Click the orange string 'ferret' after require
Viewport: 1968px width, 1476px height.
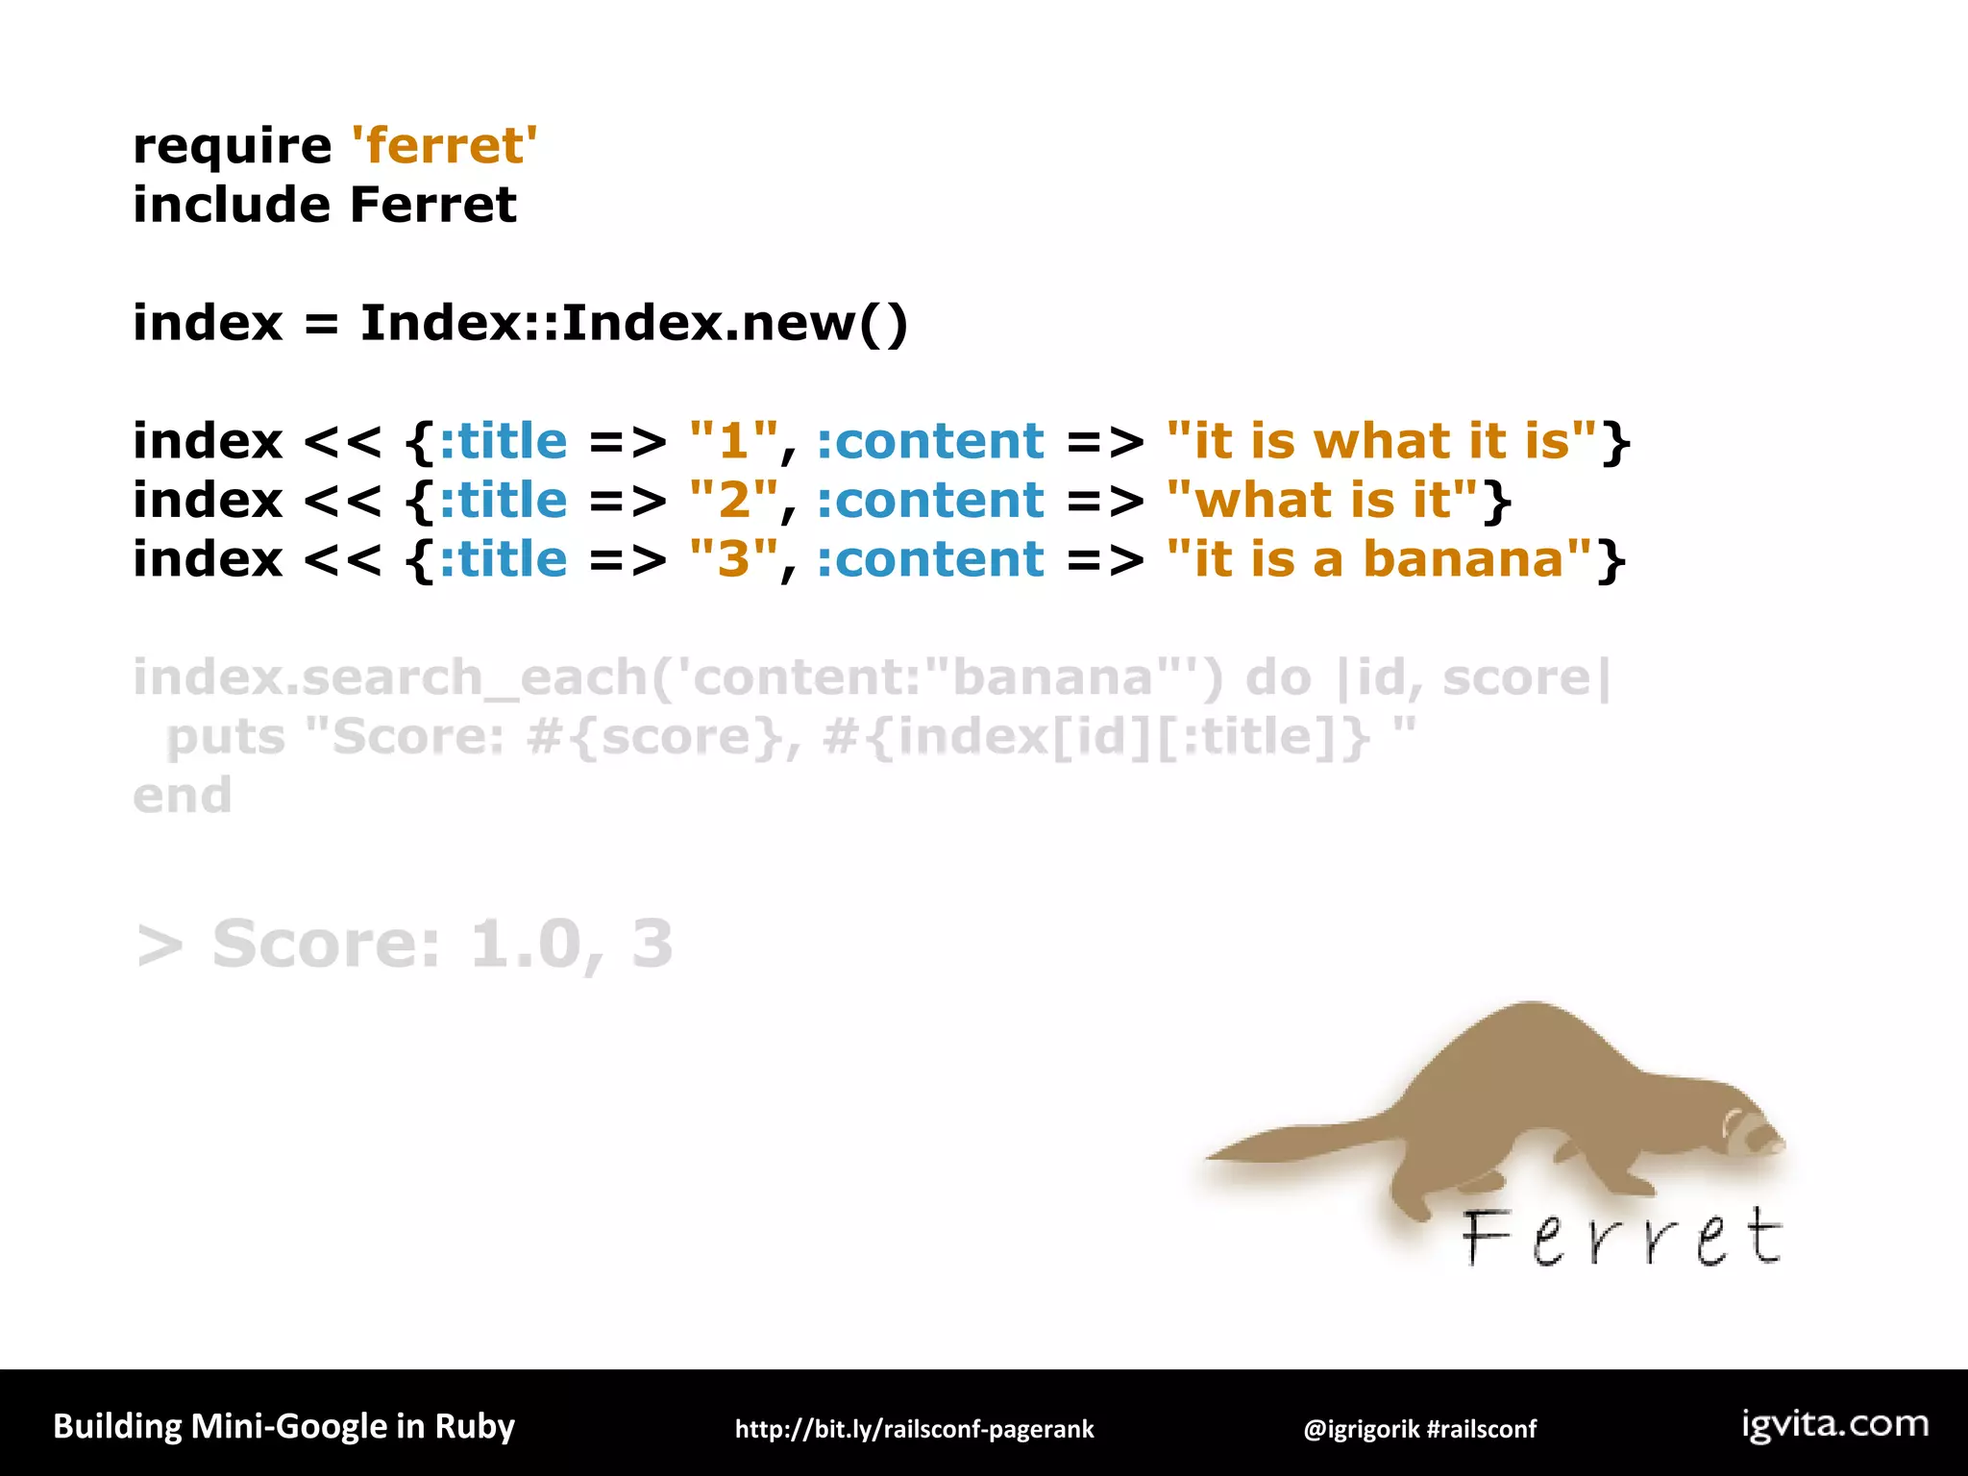pos(444,146)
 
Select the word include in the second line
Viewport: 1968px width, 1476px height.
pos(232,206)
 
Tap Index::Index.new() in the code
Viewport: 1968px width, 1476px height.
pos(633,323)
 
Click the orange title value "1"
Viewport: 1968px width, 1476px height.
pos(733,442)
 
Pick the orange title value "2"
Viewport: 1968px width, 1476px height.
pos(733,501)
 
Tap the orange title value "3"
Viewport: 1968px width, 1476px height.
pos(733,560)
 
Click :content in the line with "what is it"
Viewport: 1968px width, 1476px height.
pos(930,501)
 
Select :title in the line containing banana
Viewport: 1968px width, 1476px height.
pos(504,560)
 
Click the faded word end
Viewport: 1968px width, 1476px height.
pos(183,797)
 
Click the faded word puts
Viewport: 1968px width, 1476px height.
pos(227,738)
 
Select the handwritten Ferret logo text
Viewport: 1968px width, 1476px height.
pos(1622,1238)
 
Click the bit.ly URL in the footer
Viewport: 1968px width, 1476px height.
pos(914,1429)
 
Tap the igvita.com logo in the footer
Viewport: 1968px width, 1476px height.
pos(1834,1424)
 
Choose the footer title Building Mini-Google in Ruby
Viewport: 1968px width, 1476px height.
pos(283,1426)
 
